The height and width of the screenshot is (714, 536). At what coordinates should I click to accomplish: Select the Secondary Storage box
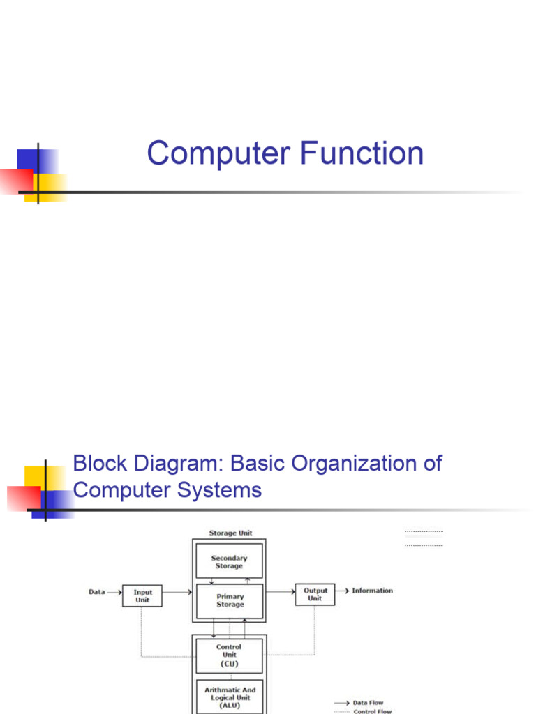click(229, 562)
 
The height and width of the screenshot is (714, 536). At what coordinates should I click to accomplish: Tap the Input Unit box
click(142, 595)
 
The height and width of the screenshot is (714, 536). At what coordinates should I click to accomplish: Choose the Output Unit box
click(315, 594)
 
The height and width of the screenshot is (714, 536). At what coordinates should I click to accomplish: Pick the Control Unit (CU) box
click(229, 655)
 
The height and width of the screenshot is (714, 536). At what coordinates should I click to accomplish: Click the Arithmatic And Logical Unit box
click(229, 697)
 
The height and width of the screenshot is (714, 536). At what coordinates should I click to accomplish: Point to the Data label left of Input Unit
click(96, 592)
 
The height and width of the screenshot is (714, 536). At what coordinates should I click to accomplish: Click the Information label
click(372, 591)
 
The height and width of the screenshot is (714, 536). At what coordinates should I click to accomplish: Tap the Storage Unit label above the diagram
click(230, 533)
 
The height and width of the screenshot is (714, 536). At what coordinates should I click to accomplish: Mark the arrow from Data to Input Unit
click(114, 592)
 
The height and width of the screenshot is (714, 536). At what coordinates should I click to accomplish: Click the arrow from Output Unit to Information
click(342, 591)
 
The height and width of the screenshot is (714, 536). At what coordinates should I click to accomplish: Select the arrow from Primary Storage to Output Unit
click(280, 591)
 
